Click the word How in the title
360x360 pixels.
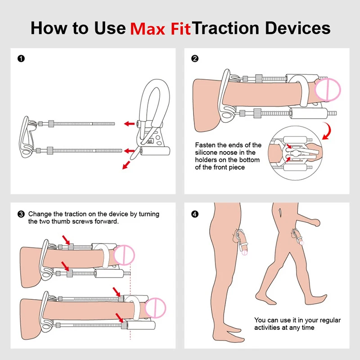coord(48,28)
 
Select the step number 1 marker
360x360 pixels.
coord(20,58)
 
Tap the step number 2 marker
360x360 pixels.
coord(195,58)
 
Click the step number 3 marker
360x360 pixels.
coord(20,214)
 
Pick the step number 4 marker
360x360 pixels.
coord(195,214)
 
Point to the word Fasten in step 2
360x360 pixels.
coord(206,145)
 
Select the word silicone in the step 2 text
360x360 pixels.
coord(208,153)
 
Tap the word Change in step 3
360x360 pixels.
coord(40,214)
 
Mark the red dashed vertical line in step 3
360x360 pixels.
coord(130,306)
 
